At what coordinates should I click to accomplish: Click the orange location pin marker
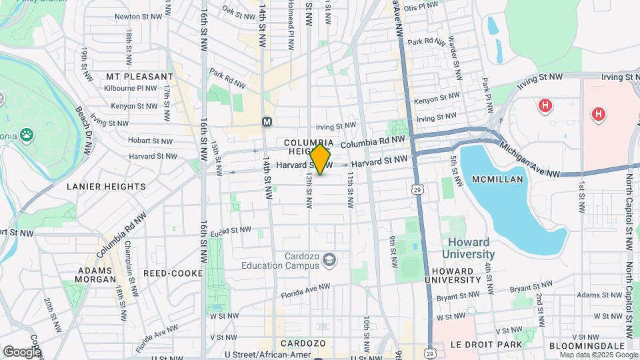pos(321,159)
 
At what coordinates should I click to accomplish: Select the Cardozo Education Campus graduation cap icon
pos(329,259)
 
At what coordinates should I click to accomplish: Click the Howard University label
pos(469,248)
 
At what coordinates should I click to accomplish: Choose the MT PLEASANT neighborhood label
pos(139,77)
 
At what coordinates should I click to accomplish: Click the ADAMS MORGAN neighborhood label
pos(97,275)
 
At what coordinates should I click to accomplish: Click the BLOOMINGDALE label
pos(587,345)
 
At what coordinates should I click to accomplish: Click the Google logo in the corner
pos(22,351)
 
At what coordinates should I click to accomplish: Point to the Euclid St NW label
pos(230,231)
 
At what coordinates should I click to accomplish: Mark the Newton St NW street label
pos(139,16)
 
